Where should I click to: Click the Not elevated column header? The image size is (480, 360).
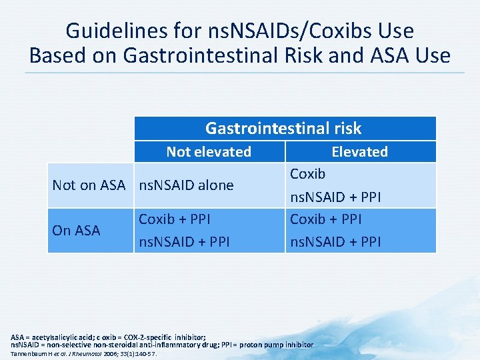(209, 152)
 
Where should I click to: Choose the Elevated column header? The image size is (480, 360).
(359, 152)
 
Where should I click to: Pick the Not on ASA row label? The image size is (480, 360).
(89, 185)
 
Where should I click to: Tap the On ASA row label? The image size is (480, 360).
(76, 231)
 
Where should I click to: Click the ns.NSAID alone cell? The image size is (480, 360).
(186, 185)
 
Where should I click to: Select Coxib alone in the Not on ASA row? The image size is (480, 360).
(308, 174)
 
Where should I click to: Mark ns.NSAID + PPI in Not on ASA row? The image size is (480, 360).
(335, 197)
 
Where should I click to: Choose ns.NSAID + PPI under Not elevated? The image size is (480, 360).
(184, 241)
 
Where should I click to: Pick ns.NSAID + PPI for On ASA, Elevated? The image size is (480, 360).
(335, 241)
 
